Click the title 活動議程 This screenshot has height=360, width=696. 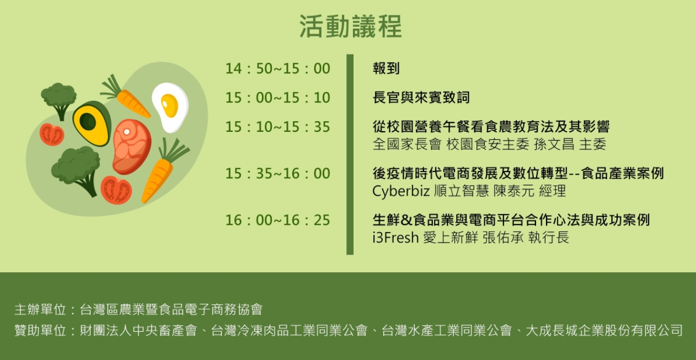click(351, 26)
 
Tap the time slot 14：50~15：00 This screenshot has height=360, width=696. click(277, 68)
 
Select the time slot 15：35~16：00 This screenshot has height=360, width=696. click(277, 173)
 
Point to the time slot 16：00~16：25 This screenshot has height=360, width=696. click(277, 220)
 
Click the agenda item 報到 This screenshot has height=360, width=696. click(386, 68)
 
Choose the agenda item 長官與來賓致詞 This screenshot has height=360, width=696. click(421, 98)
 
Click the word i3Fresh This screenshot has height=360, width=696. click(395, 238)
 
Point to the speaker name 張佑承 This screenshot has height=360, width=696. click(503, 238)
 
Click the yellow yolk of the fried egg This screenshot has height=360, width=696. click(170, 106)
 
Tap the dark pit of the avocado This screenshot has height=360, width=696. click(88, 121)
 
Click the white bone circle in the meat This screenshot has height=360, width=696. click(127, 132)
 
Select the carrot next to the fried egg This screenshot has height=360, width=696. click(126, 96)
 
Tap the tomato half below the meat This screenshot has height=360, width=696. click(116, 190)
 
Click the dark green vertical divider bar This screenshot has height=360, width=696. click(350, 155)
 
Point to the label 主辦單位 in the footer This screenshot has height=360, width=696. click(40, 310)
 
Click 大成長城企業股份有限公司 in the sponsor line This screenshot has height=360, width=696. click(604, 330)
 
